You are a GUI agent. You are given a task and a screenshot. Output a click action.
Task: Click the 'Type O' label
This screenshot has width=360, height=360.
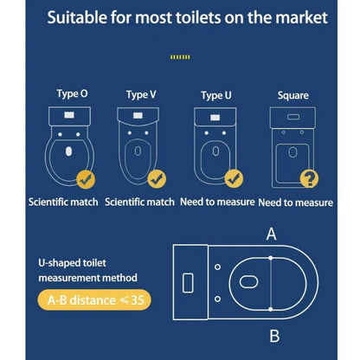72,94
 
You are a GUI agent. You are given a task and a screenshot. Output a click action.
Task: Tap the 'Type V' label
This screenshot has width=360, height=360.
141,95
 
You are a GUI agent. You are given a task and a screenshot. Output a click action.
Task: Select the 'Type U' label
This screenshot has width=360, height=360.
216,96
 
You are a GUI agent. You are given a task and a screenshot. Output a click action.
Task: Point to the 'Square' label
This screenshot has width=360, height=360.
293,96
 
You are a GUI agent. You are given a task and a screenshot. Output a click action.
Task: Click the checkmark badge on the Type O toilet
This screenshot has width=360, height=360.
86,179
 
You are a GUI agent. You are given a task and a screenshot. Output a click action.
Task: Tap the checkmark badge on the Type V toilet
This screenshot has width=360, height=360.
157,179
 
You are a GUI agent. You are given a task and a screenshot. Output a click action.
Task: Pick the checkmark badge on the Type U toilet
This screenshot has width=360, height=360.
234,179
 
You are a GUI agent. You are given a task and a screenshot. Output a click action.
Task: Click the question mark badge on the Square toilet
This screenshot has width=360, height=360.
309,178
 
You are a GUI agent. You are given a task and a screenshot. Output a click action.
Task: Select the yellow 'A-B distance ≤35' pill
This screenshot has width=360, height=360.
94,300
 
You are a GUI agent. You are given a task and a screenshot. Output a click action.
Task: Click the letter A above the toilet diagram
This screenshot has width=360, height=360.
271,234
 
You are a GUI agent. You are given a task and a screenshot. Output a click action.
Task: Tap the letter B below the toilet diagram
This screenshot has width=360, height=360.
274,336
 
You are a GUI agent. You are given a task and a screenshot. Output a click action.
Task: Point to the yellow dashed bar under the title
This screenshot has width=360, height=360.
180,57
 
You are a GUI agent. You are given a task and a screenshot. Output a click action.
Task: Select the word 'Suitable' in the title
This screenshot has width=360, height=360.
77,17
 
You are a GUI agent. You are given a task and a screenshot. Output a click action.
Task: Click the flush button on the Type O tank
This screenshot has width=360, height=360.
69,115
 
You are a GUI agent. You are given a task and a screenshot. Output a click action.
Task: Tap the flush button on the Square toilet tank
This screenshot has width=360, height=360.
293,117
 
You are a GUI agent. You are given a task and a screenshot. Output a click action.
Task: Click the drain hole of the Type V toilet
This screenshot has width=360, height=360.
138,151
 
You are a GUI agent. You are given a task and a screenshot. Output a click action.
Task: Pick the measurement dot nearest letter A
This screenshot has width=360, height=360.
271,258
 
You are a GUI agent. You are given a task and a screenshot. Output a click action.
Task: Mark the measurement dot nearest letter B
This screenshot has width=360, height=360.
271,309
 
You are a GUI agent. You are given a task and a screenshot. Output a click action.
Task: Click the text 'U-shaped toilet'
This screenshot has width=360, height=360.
72,263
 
